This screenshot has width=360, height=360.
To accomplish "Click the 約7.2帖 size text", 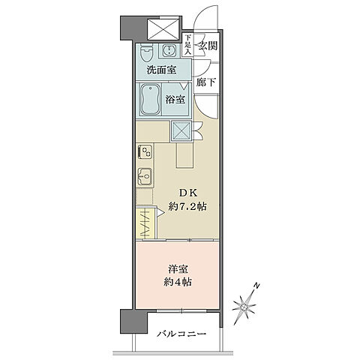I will [x=187, y=207].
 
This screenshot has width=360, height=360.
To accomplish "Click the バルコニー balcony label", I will [x=182, y=334].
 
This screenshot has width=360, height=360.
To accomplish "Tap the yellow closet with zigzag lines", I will [x=144, y=223].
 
